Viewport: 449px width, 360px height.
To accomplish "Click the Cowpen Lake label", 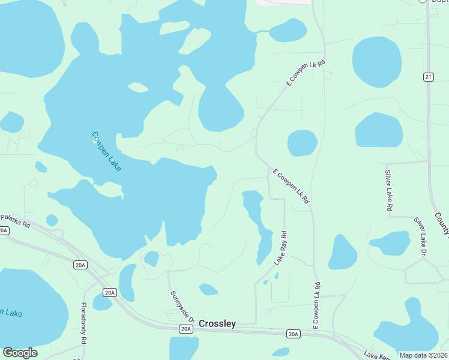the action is [106, 152].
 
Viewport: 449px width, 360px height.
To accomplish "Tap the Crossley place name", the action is [217, 324].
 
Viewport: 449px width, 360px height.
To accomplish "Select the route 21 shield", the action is [428, 77].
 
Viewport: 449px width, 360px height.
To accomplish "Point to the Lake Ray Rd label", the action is [280, 248].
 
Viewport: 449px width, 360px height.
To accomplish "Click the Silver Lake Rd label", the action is [388, 190].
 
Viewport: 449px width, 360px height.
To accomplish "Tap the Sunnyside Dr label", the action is [181, 307].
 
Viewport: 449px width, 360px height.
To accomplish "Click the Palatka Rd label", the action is [15, 220].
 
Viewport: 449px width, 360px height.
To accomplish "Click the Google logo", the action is [20, 353].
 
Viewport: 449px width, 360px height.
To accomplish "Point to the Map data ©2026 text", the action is [423, 355].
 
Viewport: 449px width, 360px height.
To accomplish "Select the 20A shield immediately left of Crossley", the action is [186, 329].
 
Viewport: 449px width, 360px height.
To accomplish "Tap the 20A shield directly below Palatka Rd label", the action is [4, 230].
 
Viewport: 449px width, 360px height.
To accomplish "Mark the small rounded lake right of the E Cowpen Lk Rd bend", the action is [302, 143].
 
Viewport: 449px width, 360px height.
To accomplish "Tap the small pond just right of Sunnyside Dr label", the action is [208, 290].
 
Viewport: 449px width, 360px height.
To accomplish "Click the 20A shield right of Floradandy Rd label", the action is [109, 293].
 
